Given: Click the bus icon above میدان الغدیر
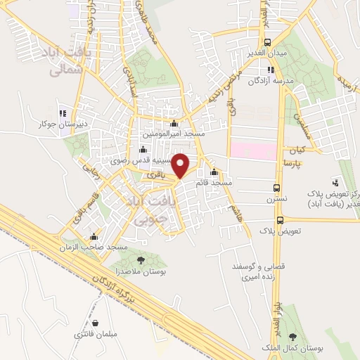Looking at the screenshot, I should point(268,42).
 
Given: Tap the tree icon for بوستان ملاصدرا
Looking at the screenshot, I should point(141,261).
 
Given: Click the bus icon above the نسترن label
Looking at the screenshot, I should point(276,188).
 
